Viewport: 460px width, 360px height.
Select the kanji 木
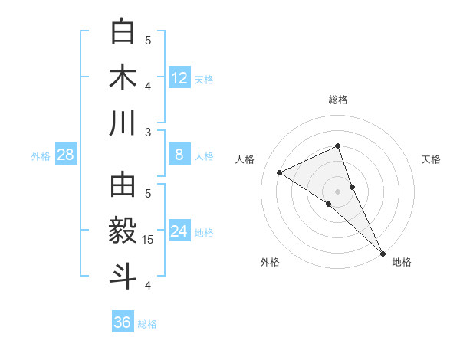tap(123, 77)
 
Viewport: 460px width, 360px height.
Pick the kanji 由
tap(123, 185)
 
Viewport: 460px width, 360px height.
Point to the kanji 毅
tap(123, 231)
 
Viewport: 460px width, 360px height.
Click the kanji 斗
tap(123, 276)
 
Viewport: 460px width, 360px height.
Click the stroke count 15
tap(149, 240)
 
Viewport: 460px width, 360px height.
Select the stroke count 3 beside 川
tap(149, 132)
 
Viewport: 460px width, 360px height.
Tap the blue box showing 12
tap(179, 77)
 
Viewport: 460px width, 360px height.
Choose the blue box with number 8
tap(179, 155)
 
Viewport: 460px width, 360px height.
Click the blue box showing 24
tap(179, 231)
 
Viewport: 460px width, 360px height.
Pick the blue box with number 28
tap(66, 155)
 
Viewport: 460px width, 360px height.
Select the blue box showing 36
tap(122, 322)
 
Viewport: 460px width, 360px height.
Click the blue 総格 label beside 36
tap(147, 324)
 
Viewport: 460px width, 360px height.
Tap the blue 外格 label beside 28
tap(41, 156)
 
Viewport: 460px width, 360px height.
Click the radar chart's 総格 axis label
tap(338, 100)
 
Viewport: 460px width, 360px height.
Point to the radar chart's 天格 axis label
tap(431, 159)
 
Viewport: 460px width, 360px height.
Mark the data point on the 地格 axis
tap(382, 251)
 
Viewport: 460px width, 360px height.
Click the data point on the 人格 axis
tap(280, 172)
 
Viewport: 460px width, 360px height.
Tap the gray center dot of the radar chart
tap(338, 191)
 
